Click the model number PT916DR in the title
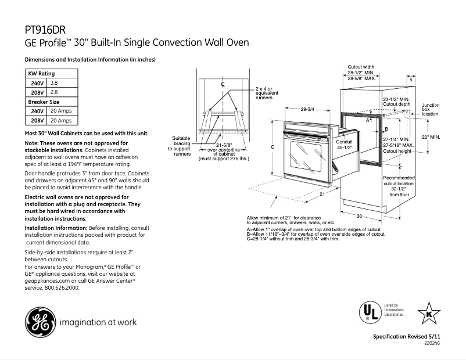point(45,30)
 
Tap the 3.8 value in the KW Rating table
point(54,84)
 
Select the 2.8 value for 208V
point(54,92)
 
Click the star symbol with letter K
point(429,313)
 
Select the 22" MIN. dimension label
point(431,137)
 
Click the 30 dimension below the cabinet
point(360,215)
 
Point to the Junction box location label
point(431,110)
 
